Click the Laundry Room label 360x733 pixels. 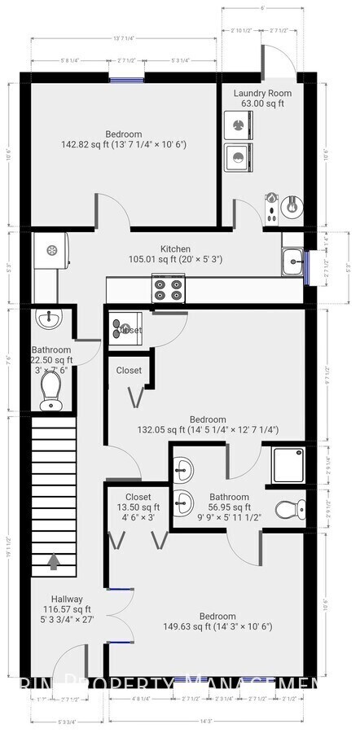point(262,93)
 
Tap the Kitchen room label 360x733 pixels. point(175,249)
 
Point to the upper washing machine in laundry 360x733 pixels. point(238,125)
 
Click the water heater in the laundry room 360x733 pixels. point(289,208)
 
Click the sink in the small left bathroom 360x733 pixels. point(50,318)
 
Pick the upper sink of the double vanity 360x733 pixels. point(184,468)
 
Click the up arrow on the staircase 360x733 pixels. point(54,560)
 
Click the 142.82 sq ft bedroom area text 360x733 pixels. point(124,145)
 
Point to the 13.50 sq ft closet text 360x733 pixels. point(138,507)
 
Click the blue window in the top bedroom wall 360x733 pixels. point(128,79)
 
